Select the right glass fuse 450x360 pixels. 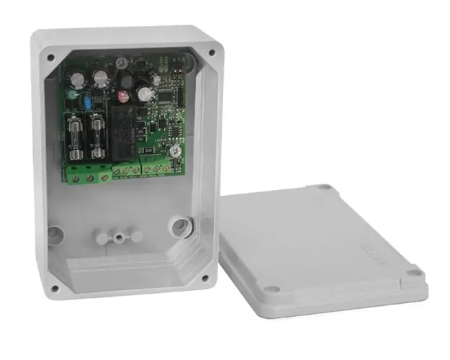(x=96, y=141)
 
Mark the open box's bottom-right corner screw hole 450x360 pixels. (x=206, y=277)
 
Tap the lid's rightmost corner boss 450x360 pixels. (x=413, y=272)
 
